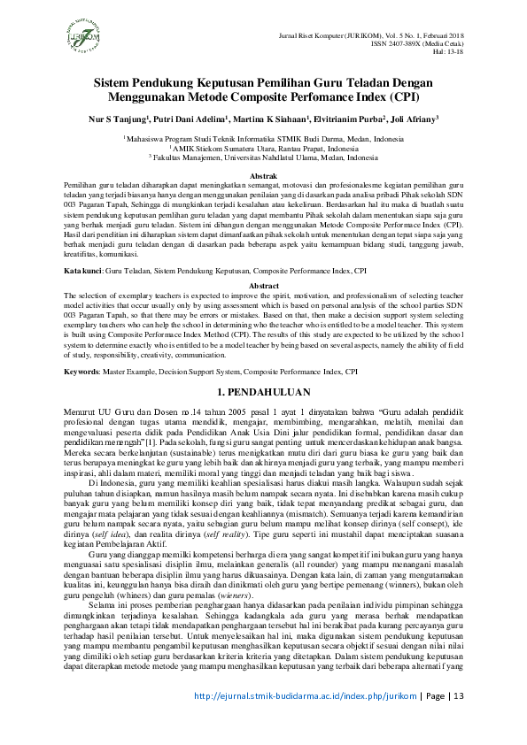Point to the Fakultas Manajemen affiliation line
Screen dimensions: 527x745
263,156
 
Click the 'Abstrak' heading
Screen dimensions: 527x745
263,178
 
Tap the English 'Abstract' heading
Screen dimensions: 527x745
263,287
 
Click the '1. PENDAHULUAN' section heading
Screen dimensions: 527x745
263,391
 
